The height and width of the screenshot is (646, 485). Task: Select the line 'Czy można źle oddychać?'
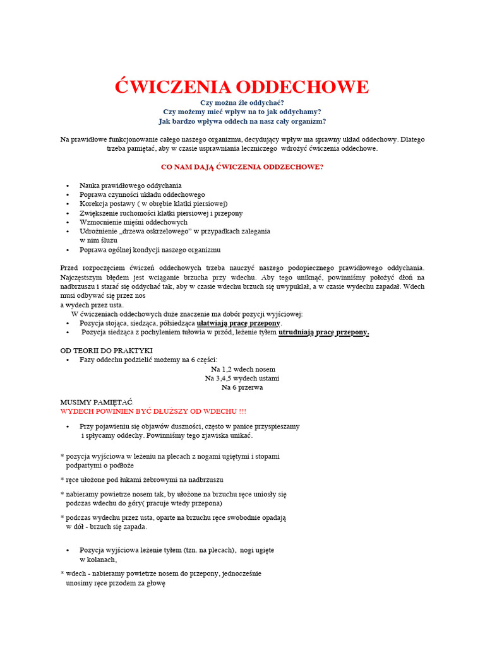pos(242,102)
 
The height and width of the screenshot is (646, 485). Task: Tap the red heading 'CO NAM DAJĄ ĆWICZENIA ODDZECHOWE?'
pos(242,167)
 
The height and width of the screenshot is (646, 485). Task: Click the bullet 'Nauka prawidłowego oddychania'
pos(131,185)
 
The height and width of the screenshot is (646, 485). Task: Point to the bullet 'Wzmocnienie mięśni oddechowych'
pos(133,222)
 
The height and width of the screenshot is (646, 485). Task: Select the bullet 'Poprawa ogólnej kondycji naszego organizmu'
pos(150,250)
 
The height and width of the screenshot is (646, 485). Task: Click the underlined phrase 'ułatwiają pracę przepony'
pos(238,323)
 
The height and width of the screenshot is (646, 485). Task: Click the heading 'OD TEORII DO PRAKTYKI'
pos(106,350)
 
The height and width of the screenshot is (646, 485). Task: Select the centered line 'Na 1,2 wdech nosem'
pos(242,369)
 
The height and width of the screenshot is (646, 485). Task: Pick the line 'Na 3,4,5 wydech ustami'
pos(242,378)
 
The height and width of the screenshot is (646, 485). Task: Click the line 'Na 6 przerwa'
pos(242,387)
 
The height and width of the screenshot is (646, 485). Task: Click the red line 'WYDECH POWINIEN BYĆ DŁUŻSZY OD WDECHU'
pos(153,411)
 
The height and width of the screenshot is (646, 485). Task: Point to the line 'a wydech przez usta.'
pos(92,305)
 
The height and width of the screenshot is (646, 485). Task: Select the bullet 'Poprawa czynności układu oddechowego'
pos(142,195)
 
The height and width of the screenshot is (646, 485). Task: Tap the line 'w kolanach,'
pos(98,559)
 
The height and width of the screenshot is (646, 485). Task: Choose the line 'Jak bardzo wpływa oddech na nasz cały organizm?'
pos(242,121)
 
